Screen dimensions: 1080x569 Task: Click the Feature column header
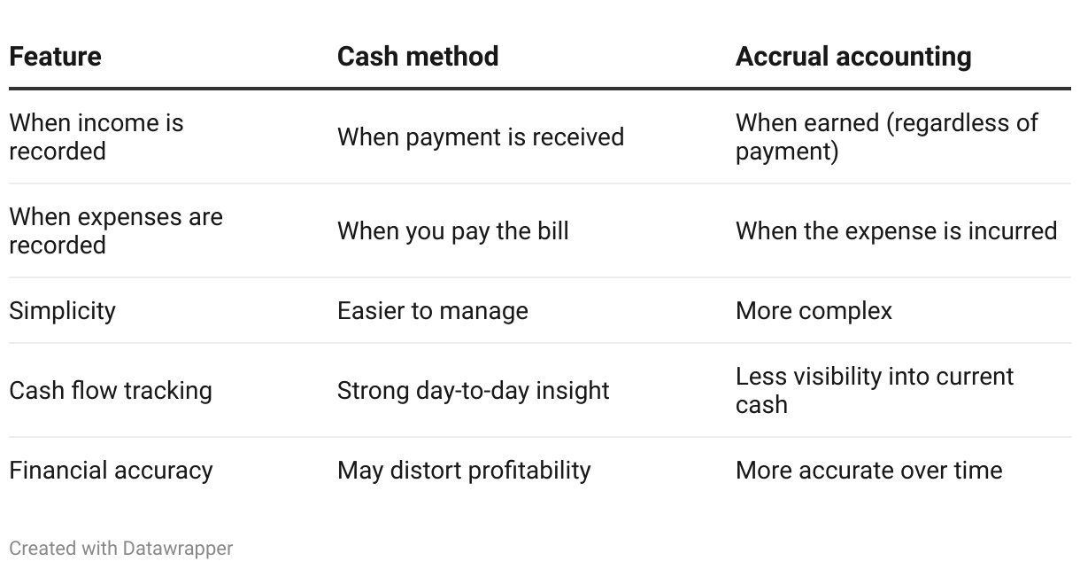pyautogui.click(x=56, y=57)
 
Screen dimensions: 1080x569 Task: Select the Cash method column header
pyautogui.click(x=418, y=57)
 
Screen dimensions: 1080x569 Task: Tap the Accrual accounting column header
pyautogui.click(x=853, y=57)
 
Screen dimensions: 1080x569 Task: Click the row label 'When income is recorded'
pyautogui.click(x=96, y=137)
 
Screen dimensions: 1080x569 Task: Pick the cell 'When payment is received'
pyautogui.click(x=481, y=137)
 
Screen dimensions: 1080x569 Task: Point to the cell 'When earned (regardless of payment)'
pyautogui.click(x=887, y=137)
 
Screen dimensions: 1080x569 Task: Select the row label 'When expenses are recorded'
pyautogui.click(x=116, y=230)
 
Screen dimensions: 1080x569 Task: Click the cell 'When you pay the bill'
pyautogui.click(x=453, y=230)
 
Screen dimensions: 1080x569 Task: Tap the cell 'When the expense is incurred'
pyautogui.click(x=896, y=230)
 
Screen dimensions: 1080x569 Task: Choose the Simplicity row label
pyautogui.click(x=62, y=311)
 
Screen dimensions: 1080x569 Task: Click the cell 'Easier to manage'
pyautogui.click(x=433, y=311)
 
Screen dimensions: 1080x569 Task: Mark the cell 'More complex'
pyautogui.click(x=814, y=311)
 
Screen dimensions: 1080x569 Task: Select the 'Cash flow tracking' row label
pyautogui.click(x=111, y=391)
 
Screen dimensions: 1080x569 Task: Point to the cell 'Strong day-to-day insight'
pyautogui.click(x=473, y=391)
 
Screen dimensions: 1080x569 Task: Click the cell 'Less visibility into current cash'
pyautogui.click(x=875, y=391)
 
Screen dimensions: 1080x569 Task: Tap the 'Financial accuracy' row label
pyautogui.click(x=111, y=471)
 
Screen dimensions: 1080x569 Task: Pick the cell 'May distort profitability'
pyautogui.click(x=464, y=471)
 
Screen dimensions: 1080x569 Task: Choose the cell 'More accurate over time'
pyautogui.click(x=868, y=471)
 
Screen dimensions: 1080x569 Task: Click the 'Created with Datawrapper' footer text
pyautogui.click(x=121, y=549)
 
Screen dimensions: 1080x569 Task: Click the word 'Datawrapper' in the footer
pyautogui.click(x=178, y=549)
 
